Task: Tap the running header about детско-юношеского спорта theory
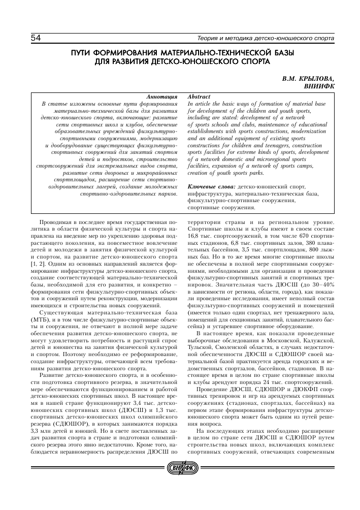(265, 39)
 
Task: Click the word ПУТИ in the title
(84, 53)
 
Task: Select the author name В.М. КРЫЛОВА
(309, 80)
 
